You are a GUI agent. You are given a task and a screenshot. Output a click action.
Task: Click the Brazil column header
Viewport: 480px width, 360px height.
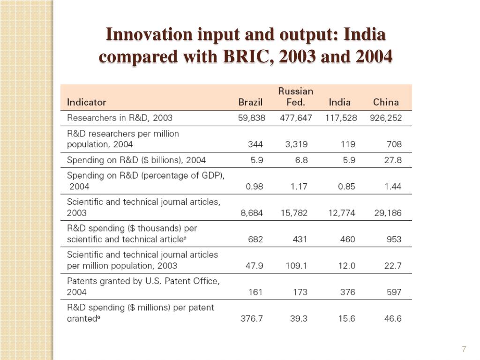coord(250,102)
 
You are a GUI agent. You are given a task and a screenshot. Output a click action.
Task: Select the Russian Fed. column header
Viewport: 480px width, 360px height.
coord(296,97)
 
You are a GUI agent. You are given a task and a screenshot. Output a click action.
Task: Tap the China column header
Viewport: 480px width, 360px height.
coord(386,102)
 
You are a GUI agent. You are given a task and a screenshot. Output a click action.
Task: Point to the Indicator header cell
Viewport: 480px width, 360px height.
coord(87,102)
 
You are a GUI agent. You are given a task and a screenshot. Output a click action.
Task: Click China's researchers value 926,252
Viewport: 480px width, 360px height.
coord(386,118)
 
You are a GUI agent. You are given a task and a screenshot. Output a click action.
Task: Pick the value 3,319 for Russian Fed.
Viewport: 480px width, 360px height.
coord(296,144)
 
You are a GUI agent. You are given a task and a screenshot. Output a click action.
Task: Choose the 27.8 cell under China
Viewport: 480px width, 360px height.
coord(393,160)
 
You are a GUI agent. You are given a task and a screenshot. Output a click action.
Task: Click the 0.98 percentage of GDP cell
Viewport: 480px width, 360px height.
coord(255,187)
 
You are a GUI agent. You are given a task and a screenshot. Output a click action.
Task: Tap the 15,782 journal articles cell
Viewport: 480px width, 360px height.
coord(294,213)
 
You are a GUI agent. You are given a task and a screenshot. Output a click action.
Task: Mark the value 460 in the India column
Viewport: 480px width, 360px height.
coord(347,240)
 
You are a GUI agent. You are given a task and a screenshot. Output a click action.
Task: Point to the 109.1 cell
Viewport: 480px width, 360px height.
coord(296,266)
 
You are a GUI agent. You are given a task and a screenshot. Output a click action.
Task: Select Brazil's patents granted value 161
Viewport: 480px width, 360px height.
coord(255,292)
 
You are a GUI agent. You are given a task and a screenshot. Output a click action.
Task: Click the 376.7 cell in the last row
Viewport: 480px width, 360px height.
coord(252,319)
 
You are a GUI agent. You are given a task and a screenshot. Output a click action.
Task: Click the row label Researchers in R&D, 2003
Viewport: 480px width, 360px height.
coord(120,118)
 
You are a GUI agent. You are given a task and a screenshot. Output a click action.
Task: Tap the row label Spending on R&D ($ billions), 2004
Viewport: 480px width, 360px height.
coord(136,160)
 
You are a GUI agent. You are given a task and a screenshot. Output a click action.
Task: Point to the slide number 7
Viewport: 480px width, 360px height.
coord(464,349)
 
